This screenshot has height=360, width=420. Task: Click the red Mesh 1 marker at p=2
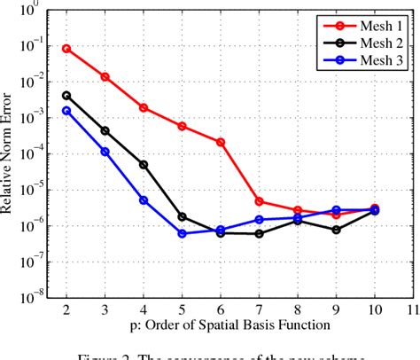(66, 49)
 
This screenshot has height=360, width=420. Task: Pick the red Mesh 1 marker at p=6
(221, 142)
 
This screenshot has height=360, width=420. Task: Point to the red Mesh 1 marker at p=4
(144, 107)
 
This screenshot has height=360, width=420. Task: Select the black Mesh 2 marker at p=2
(66, 95)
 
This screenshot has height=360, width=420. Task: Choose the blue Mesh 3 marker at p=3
(105, 152)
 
